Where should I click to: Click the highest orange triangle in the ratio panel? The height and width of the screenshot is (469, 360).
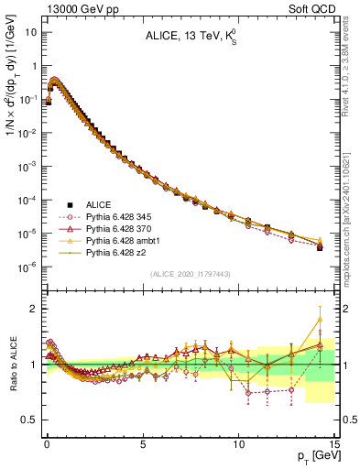coord(319,319)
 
